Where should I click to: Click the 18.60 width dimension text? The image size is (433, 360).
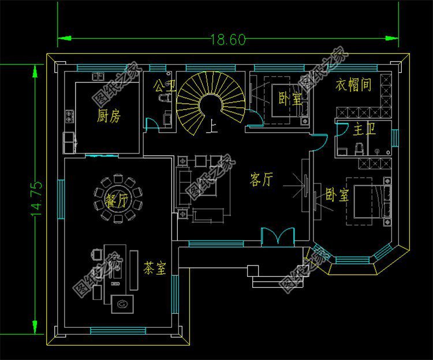click(228, 39)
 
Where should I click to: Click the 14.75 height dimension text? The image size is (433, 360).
click(36, 200)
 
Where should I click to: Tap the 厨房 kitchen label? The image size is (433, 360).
click(109, 117)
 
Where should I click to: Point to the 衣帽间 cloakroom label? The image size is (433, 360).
click(353, 85)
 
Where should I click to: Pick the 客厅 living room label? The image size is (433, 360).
click(262, 180)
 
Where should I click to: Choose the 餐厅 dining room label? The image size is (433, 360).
click(117, 201)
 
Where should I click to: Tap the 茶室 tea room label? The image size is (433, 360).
click(155, 268)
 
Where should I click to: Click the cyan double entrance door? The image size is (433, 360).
click(278, 237)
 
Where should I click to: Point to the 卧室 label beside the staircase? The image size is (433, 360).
click(290, 99)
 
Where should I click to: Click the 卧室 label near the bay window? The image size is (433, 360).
click(337, 194)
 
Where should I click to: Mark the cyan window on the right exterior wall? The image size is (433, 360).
click(395, 138)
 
